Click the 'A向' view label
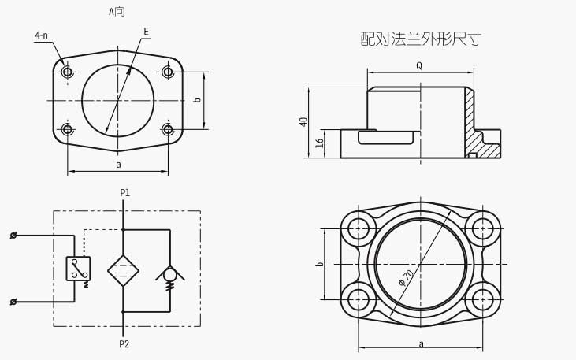click(117, 12)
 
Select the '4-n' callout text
click(41, 35)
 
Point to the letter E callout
click(146, 32)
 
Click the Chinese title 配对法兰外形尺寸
click(420, 39)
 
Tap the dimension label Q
click(418, 66)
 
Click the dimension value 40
click(304, 121)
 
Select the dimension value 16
click(320, 143)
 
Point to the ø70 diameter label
click(407, 277)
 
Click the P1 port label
click(124, 193)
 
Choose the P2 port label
click(124, 344)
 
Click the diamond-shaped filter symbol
click(123, 270)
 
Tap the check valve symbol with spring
click(169, 276)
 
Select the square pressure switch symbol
click(78, 269)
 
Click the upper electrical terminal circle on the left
click(13, 236)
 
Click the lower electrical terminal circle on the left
click(13, 302)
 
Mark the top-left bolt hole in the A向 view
click(68, 72)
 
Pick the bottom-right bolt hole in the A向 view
click(168, 129)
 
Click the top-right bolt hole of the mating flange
click(482, 228)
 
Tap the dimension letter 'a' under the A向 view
click(118, 165)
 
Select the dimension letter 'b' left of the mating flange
click(320, 264)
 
